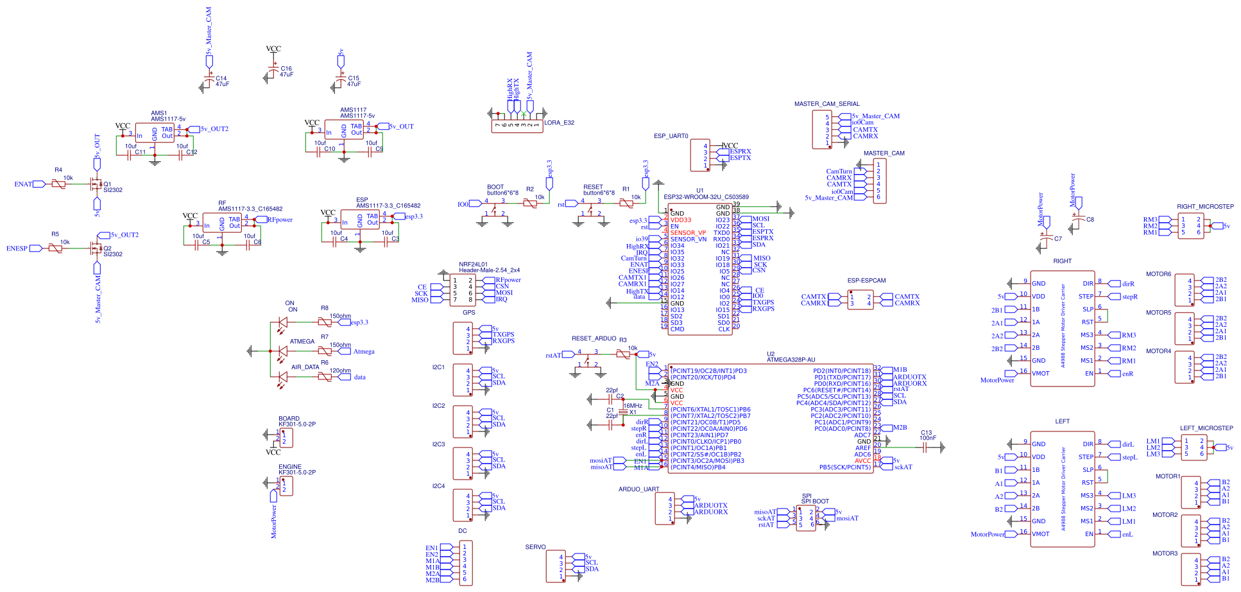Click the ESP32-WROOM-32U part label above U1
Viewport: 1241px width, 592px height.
tap(706, 197)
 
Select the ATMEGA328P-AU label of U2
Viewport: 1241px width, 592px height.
tap(791, 360)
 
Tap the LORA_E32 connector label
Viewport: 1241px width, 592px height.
tap(559, 123)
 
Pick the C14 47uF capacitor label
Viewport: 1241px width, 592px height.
tap(222, 82)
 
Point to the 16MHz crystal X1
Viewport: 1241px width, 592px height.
tap(622, 412)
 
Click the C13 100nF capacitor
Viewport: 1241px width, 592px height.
tap(925, 448)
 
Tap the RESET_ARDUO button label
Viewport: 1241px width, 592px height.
tap(594, 338)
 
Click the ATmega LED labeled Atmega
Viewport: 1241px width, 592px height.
tap(282, 351)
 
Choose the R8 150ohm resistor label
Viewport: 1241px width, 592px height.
tap(339, 316)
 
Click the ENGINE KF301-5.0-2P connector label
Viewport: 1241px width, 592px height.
tap(296, 469)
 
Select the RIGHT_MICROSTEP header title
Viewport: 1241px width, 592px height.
tap(1205, 207)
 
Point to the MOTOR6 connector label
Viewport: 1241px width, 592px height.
tap(1158, 274)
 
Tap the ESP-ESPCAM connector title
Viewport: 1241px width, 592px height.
tap(866, 281)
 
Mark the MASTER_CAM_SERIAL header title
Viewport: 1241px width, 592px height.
tap(826, 104)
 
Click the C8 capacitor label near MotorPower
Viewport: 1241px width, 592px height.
tap(1090, 220)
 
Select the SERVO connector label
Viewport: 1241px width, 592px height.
tap(535, 547)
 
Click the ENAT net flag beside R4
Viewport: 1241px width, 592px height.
tap(23, 184)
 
